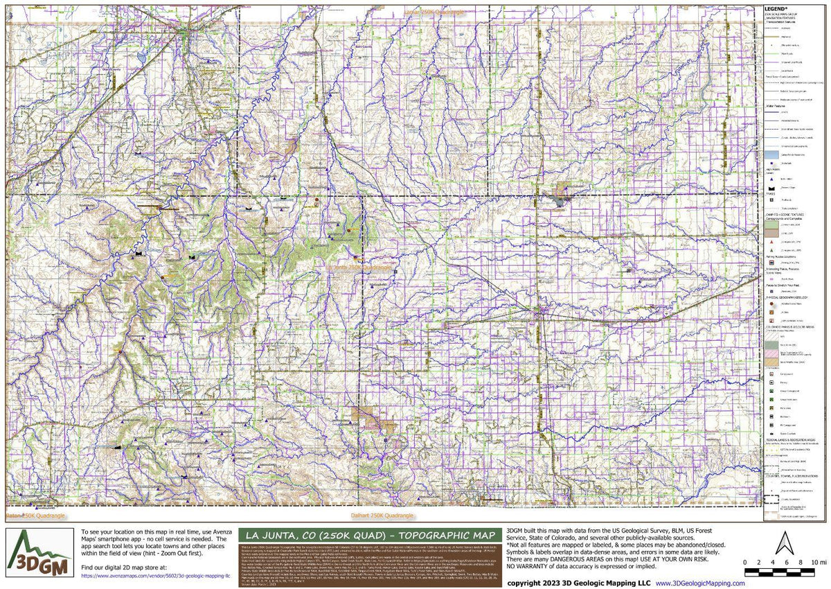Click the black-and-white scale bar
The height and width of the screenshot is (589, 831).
[x=786, y=572]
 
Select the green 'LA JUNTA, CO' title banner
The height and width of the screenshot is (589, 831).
[x=368, y=535]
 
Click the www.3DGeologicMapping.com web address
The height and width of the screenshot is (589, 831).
[x=701, y=583]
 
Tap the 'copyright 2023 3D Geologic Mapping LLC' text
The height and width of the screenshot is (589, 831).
[x=579, y=583]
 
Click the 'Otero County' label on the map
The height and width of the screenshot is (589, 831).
[x=110, y=69]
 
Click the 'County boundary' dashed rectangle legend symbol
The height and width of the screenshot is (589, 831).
[x=769, y=498]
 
